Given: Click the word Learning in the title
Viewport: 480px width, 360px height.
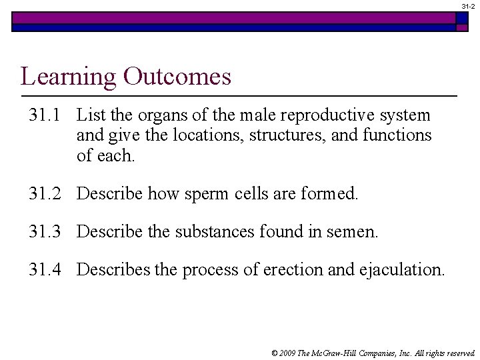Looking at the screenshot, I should click(x=67, y=77).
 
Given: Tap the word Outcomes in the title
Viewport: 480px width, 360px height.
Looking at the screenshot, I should click(x=177, y=77).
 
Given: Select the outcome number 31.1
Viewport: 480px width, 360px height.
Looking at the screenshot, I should click(x=45, y=115).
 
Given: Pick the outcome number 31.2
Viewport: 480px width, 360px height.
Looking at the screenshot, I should click(x=45, y=194).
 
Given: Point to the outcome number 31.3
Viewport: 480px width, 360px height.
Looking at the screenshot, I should click(x=45, y=232).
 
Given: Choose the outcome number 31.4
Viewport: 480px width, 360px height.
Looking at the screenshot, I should click(x=45, y=270).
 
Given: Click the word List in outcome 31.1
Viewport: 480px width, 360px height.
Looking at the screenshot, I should click(x=89, y=115).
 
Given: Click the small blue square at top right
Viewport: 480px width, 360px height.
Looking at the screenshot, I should click(x=462, y=18).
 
